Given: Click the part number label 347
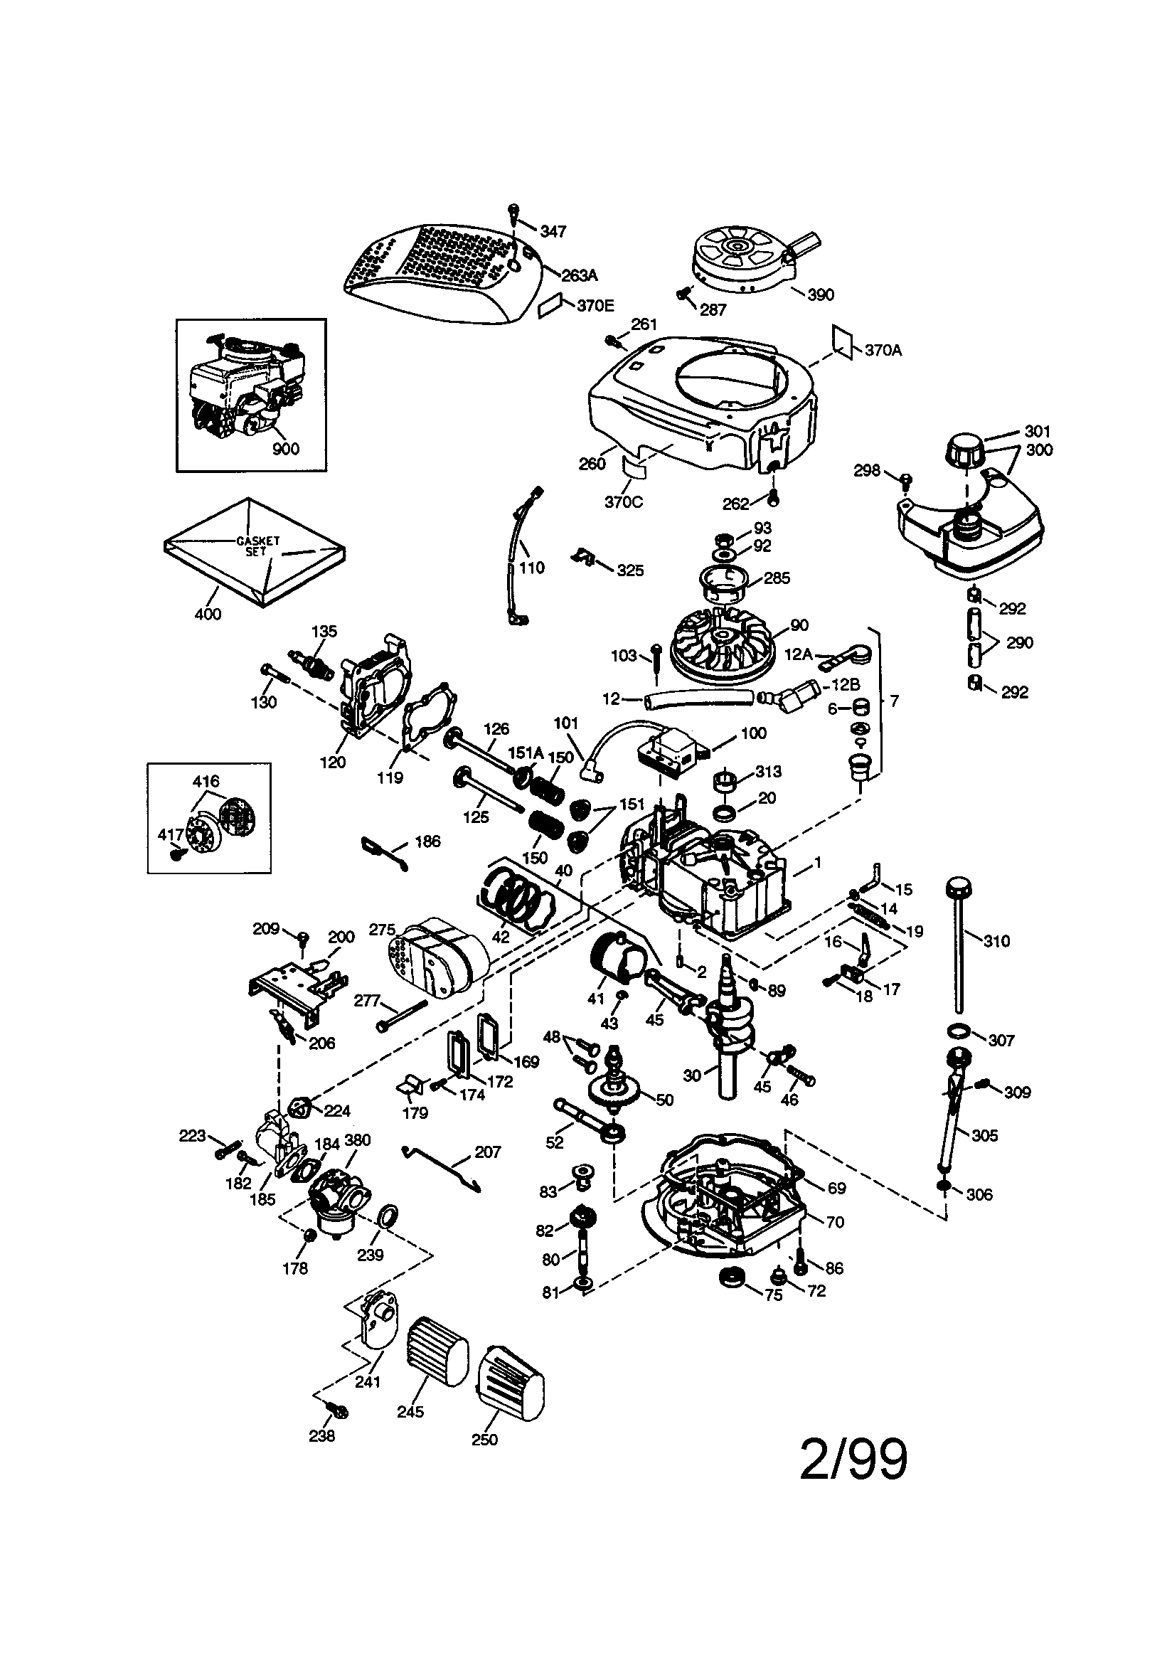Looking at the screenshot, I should click(553, 231).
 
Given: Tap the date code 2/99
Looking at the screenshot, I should click(853, 1459).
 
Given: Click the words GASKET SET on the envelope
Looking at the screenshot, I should click(257, 546).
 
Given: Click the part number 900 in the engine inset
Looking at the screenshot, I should click(285, 449).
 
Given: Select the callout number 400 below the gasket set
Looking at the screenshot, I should click(208, 615).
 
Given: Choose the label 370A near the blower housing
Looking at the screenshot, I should click(883, 351).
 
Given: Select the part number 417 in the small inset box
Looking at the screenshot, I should click(170, 835).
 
